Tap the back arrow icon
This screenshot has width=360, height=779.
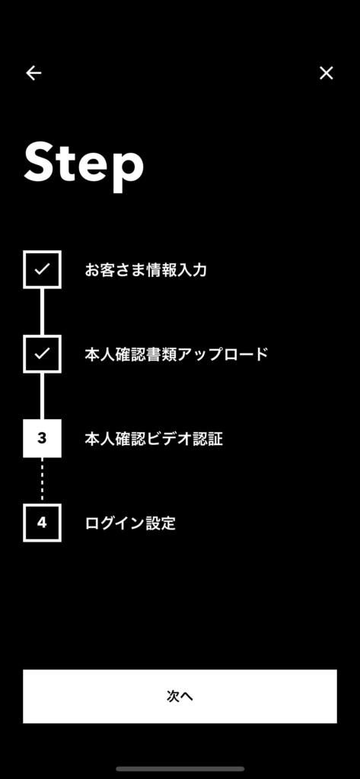[x=33, y=73]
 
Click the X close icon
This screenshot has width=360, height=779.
[x=327, y=73]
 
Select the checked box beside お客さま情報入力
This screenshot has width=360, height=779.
[x=43, y=269]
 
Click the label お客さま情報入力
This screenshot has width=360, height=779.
[x=145, y=270]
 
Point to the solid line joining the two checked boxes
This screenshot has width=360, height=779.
[x=43, y=311]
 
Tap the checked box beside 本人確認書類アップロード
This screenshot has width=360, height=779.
[x=43, y=354]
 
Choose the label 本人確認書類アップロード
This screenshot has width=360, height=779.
[x=177, y=355]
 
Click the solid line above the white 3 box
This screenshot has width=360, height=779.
[x=43, y=396]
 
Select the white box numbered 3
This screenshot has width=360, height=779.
[x=43, y=438]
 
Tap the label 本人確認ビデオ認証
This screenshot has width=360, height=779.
[x=154, y=439]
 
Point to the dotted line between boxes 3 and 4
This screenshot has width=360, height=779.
[x=43, y=481]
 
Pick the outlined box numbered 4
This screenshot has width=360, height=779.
[x=43, y=523]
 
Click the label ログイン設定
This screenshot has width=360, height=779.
[x=130, y=523]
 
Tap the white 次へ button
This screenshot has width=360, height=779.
[x=180, y=696]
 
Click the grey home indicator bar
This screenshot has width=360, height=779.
[x=180, y=768]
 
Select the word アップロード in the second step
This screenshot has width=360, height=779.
[x=222, y=355]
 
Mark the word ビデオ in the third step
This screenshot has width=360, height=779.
[x=169, y=439]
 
